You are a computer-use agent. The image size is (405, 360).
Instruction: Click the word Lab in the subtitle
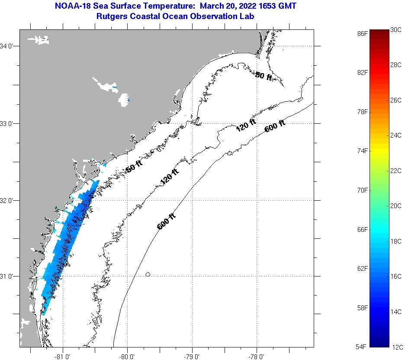click(x=247, y=16)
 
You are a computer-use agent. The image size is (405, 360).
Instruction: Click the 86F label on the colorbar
click(x=363, y=33)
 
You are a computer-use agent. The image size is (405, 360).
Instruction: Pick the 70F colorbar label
click(x=363, y=190)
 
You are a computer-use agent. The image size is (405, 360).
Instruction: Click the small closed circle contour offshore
click(x=148, y=274)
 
